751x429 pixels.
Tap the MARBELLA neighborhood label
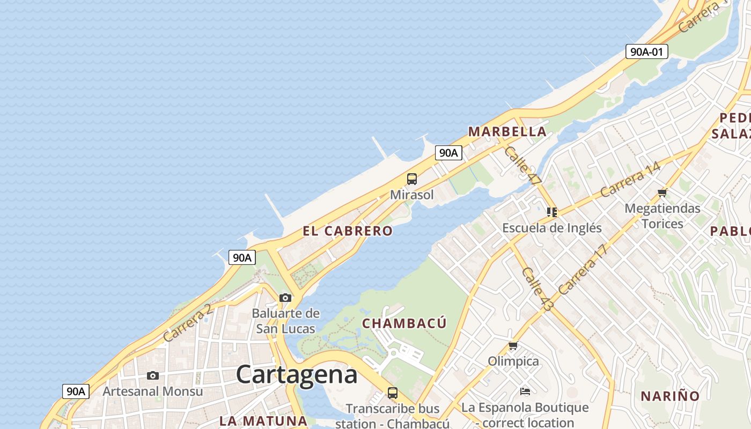point(507,131)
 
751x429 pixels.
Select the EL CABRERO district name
point(348,231)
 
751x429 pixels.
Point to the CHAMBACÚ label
point(404,323)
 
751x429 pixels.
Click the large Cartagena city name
point(297,374)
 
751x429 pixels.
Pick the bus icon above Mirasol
point(411,179)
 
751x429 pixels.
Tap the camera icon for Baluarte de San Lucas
point(285,298)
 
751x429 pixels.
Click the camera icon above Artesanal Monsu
point(153,375)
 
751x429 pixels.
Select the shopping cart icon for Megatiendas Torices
point(662,193)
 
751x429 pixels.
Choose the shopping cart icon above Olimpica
point(513,346)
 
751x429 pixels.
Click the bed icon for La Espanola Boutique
point(525,392)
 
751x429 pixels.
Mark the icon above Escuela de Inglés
point(551,212)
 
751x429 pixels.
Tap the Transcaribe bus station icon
point(393,393)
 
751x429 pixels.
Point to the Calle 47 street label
point(522,166)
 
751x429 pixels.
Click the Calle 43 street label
point(536,290)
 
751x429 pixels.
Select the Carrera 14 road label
point(630,179)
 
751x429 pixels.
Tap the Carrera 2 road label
point(188,323)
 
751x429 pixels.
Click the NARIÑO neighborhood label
point(670,396)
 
